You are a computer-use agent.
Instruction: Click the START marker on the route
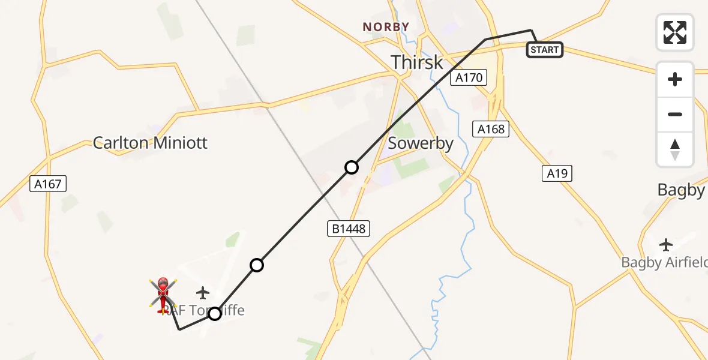click(x=544, y=50)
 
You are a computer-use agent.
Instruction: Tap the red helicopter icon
click(x=163, y=295)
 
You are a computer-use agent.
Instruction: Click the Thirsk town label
click(x=417, y=62)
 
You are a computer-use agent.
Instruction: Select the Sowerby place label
click(x=420, y=143)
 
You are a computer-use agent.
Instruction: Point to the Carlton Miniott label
click(x=150, y=143)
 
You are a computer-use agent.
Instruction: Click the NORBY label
click(x=386, y=27)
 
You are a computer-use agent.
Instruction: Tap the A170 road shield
click(x=469, y=78)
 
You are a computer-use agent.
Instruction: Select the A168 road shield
click(x=490, y=129)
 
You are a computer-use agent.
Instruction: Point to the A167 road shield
click(x=48, y=184)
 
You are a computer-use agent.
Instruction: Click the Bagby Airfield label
click(x=664, y=262)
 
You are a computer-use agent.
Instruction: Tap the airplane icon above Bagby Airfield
click(x=665, y=245)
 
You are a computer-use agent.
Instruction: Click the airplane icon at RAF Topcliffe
click(x=203, y=293)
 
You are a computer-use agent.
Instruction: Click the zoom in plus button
click(x=675, y=79)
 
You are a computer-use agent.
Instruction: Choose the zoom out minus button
click(x=675, y=114)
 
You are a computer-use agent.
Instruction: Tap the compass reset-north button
click(x=675, y=149)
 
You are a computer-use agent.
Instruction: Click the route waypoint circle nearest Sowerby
click(x=352, y=167)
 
